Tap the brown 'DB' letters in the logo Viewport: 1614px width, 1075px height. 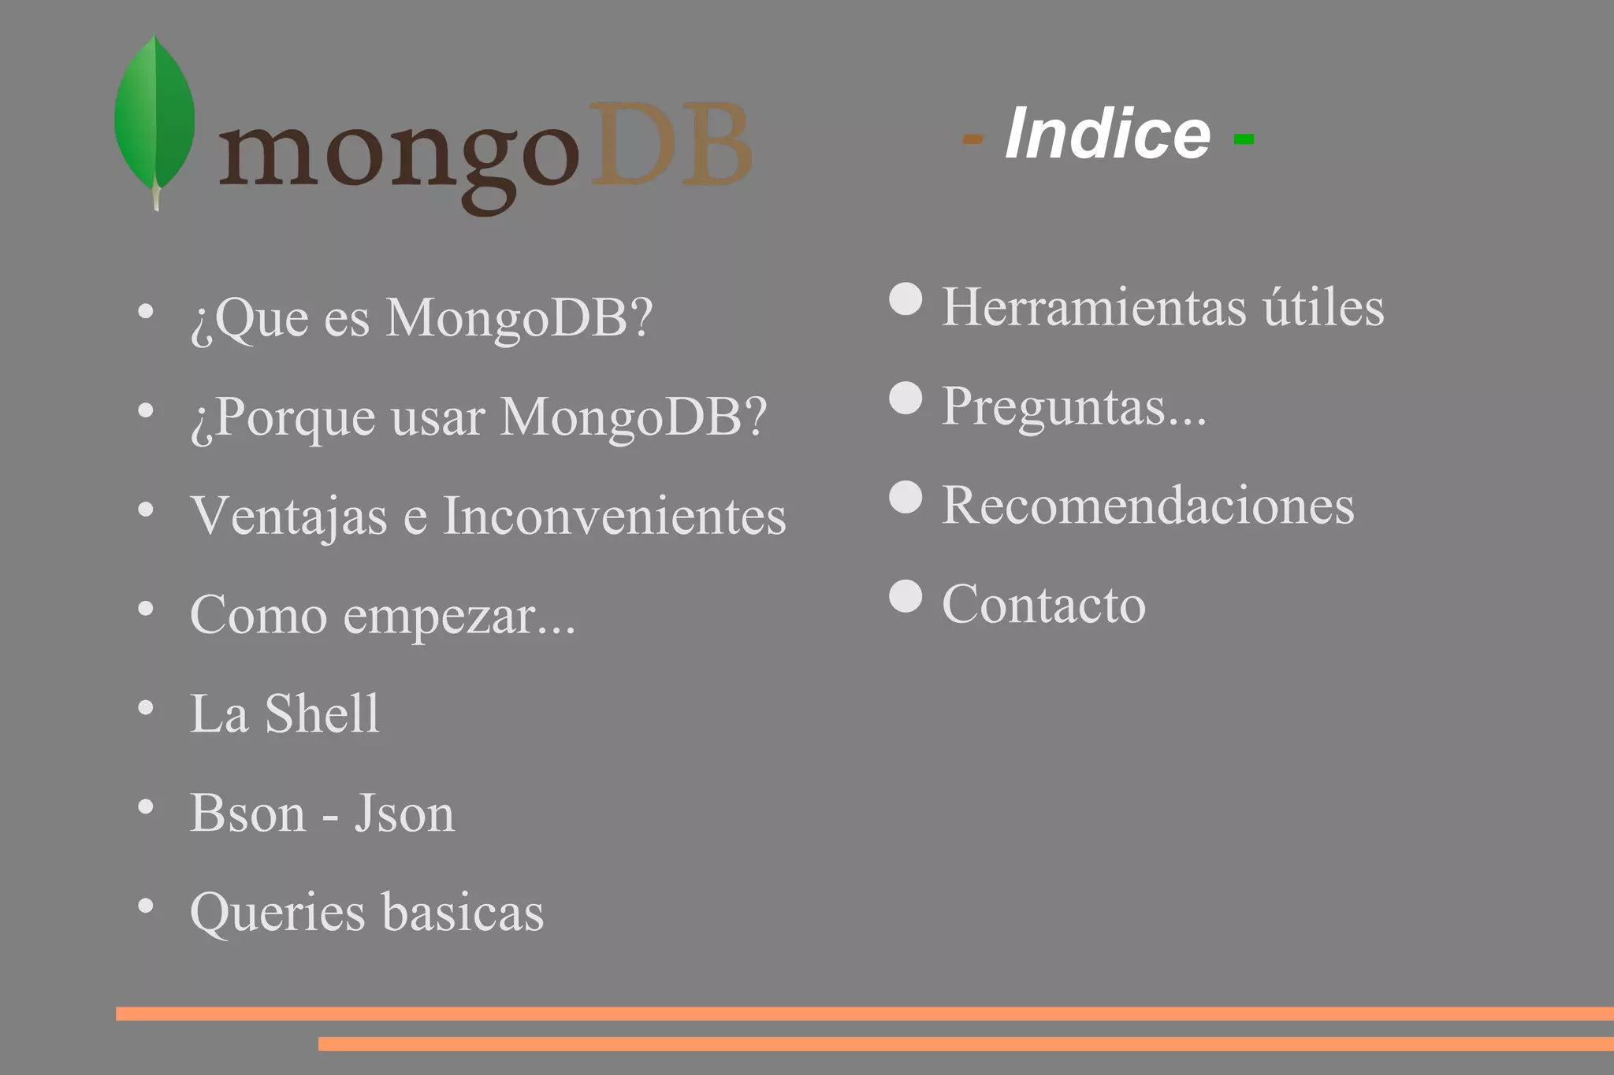point(671,146)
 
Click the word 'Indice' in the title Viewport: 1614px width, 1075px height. point(1107,134)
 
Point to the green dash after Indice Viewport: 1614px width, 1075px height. point(1244,140)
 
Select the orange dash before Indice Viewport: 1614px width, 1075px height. point(972,140)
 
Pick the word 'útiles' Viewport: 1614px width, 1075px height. point(1324,306)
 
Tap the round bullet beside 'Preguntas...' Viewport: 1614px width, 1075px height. point(906,398)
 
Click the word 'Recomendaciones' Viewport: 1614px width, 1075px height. point(1148,505)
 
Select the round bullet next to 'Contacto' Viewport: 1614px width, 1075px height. point(906,596)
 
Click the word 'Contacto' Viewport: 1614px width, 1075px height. point(1043,604)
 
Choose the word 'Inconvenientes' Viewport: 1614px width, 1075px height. point(615,516)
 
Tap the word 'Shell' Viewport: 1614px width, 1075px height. point(322,714)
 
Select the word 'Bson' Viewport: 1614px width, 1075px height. point(247,813)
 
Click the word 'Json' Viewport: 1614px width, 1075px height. point(404,813)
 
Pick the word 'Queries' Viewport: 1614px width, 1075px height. point(277,913)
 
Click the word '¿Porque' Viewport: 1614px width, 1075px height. point(283,417)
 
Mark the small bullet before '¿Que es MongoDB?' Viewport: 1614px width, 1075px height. point(146,311)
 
